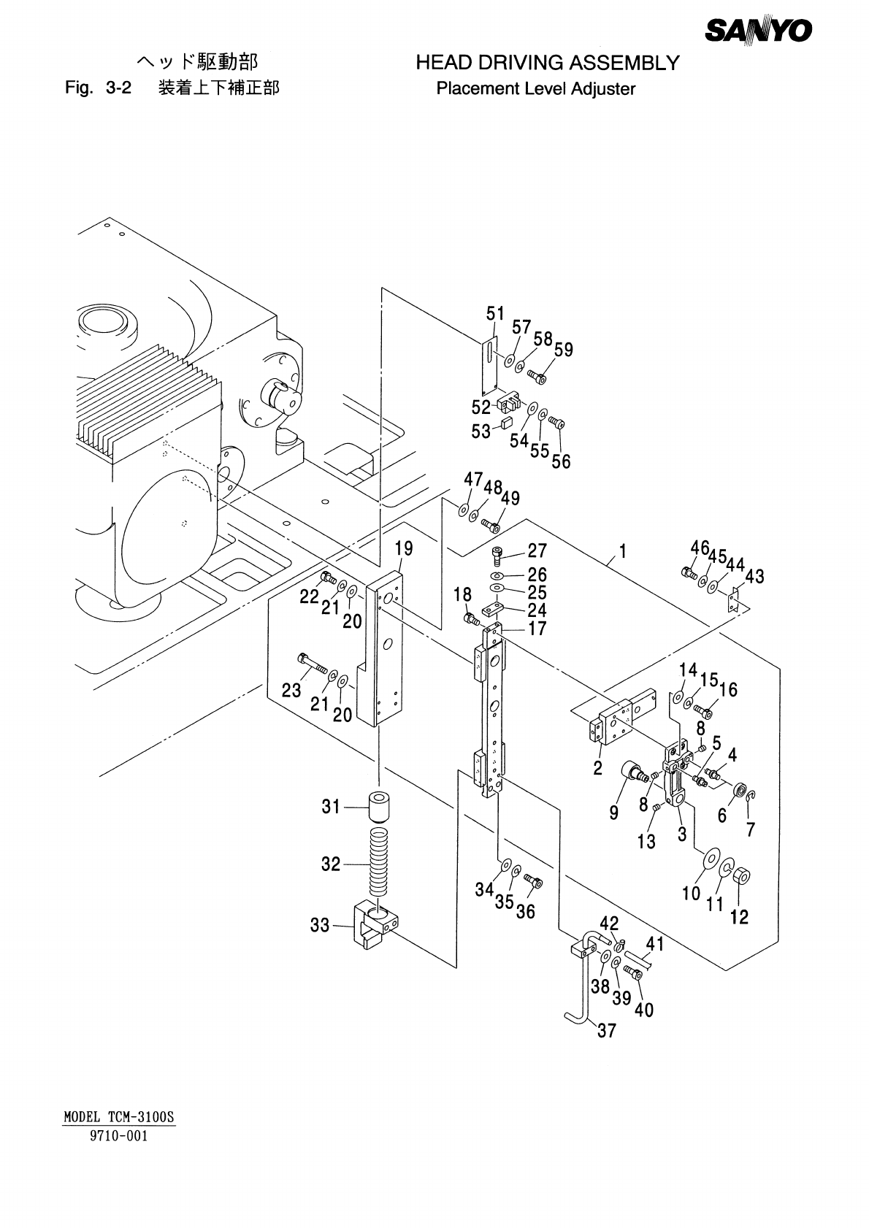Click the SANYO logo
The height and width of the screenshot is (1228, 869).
point(758,31)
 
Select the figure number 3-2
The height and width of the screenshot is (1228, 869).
point(119,87)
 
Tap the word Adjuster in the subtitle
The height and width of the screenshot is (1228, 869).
point(603,89)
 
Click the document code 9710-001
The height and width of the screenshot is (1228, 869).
point(119,1135)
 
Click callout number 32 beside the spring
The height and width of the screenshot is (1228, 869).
point(331,864)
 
